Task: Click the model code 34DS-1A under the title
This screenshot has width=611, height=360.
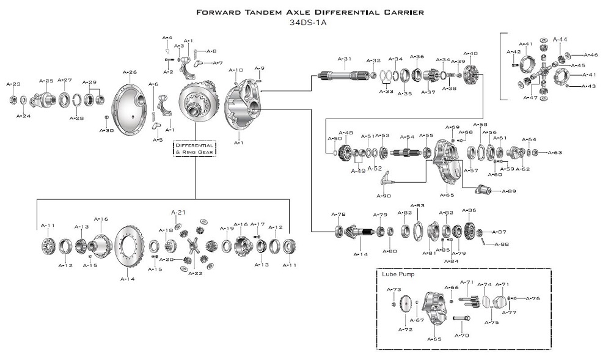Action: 305,24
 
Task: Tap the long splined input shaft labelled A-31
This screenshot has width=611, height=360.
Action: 340,78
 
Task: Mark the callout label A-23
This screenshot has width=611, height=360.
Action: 13,84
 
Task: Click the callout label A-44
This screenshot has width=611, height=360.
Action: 560,40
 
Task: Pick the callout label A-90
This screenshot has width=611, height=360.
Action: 384,196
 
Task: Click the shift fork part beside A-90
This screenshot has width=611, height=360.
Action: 386,178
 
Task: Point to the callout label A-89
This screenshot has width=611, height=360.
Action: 509,191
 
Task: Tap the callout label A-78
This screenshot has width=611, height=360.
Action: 338,214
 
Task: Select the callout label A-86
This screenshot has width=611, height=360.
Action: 469,210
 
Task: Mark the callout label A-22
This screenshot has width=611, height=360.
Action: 195,273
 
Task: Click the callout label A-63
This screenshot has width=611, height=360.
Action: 555,153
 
